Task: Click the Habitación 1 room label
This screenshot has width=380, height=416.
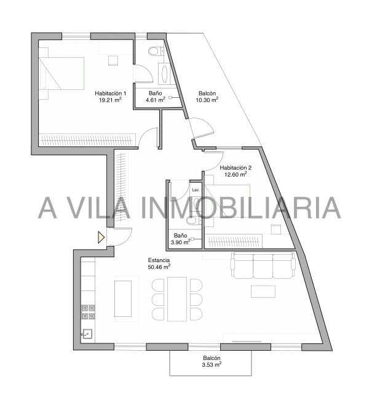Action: click(110, 94)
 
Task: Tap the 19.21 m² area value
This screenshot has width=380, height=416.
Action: click(110, 100)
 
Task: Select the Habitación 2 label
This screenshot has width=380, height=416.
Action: click(236, 167)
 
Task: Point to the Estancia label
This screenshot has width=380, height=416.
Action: click(159, 260)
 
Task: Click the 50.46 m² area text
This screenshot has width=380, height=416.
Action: click(159, 267)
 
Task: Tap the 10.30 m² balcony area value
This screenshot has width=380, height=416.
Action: click(207, 100)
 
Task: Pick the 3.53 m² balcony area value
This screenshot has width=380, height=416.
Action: click(212, 364)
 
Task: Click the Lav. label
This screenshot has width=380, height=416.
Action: click(196, 190)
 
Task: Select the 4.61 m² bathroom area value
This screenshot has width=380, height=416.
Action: click(156, 100)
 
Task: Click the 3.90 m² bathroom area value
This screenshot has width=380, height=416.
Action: click(180, 242)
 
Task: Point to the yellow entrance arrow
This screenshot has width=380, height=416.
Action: click(101, 237)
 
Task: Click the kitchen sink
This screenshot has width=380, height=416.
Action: click(87, 334)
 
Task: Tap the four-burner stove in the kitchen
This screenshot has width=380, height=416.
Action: click(88, 312)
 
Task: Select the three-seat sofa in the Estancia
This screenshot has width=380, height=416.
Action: click(263, 265)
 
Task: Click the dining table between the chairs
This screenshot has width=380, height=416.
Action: click(177, 299)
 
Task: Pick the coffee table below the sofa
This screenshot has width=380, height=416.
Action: click(263, 291)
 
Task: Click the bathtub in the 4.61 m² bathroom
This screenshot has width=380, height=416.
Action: click(165, 74)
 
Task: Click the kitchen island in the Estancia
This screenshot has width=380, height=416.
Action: click(123, 298)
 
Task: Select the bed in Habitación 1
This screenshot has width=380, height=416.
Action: click(61, 73)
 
